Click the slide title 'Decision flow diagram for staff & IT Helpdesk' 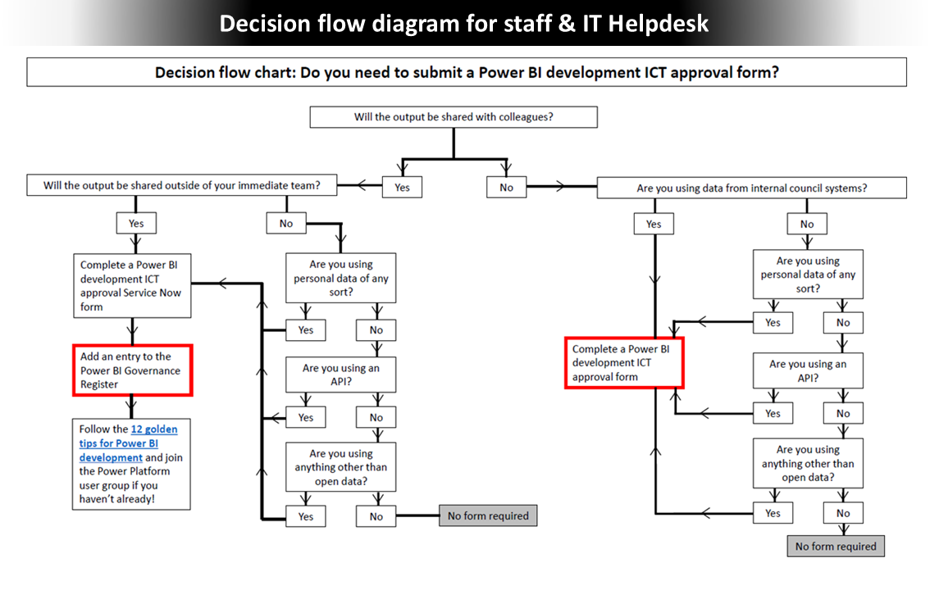point(464,24)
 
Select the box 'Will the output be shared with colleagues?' point(454,116)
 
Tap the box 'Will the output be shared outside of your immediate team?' point(181,186)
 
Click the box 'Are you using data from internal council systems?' point(751,188)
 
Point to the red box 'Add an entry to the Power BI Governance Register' point(132,370)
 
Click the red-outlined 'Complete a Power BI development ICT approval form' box point(624,363)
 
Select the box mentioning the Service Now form point(132,286)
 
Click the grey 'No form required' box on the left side point(489,515)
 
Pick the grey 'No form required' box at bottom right point(836,547)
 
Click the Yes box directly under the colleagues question point(402,187)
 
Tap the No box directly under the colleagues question point(506,188)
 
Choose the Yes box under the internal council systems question point(654,224)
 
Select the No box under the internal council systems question point(807,224)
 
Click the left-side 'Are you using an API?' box point(340,374)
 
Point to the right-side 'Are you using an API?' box point(808,370)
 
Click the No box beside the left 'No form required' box point(376,516)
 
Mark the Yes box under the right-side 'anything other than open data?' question point(773,513)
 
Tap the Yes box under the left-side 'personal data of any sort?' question point(306,330)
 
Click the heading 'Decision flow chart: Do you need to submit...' point(467,72)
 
